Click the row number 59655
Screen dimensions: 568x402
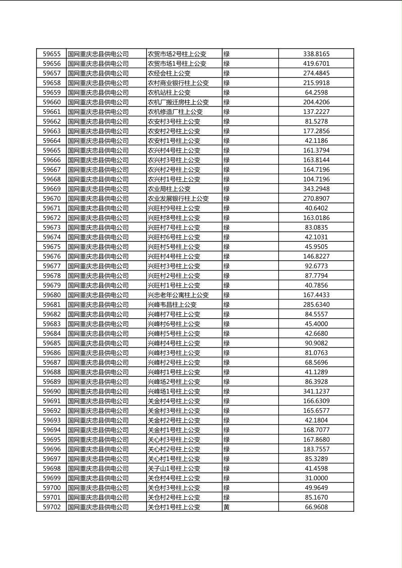(51, 54)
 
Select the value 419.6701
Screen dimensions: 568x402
(316, 63)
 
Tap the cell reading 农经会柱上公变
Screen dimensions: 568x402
(169, 73)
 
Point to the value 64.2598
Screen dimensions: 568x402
(316, 93)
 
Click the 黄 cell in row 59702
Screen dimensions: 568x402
(227, 507)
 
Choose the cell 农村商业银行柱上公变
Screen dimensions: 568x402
(178, 83)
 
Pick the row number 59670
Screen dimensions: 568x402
(51, 198)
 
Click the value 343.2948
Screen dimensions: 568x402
(316, 189)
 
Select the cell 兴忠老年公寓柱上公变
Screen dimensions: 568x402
(178, 295)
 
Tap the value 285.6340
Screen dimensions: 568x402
(316, 305)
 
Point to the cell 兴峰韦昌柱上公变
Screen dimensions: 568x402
(172, 305)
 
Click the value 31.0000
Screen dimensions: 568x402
(316, 478)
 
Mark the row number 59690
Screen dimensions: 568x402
(51, 392)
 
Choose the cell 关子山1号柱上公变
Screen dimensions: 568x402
(174, 469)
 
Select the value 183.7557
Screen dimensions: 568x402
(316, 449)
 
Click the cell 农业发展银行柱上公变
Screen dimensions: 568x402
(178, 198)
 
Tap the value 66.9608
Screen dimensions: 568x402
(316, 507)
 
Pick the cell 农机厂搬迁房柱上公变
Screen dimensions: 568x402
(178, 102)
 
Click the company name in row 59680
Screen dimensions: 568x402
(98, 295)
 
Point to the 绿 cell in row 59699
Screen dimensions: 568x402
(227, 478)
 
